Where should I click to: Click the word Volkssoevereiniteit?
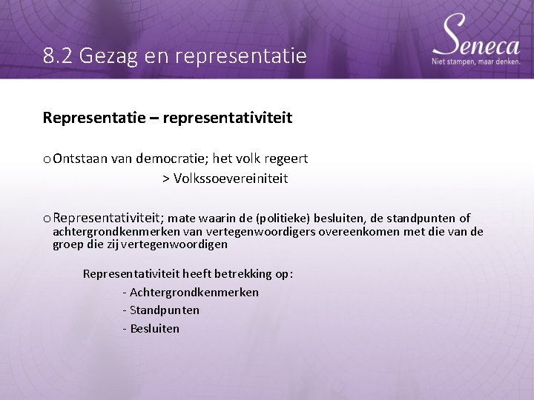[230, 179]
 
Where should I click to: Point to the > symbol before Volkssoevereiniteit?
[166, 179]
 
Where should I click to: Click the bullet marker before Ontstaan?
[47, 159]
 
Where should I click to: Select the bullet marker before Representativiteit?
[47, 219]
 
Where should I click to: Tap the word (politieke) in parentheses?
[283, 219]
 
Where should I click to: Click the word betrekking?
[237, 273]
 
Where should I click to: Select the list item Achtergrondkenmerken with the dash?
[191, 292]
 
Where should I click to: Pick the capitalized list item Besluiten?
[154, 328]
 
